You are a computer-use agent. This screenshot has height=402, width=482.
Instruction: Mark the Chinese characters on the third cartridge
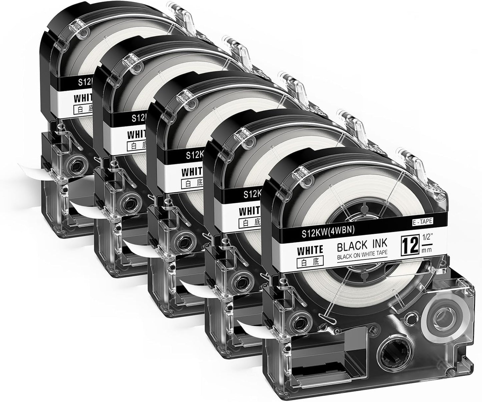(x=191, y=183)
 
